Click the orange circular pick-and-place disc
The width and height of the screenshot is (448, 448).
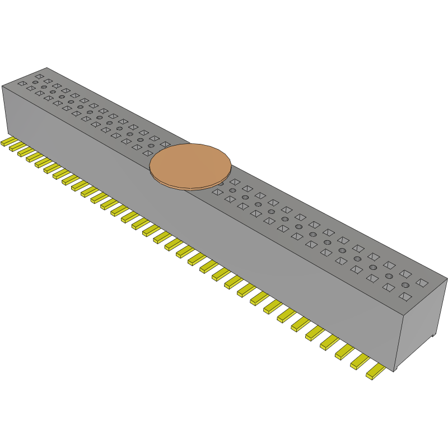coord(190,165)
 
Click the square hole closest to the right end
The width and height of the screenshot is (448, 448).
coord(422,283)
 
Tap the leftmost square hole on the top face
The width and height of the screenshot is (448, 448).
coord(22,83)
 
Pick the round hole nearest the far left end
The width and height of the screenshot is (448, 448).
coord(35,82)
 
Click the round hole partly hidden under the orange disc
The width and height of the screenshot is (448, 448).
coord(221,183)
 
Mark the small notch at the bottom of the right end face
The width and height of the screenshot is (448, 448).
coord(434,335)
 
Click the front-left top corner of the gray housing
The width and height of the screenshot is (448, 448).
coord(2,86)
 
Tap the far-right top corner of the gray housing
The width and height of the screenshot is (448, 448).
coord(447,278)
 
